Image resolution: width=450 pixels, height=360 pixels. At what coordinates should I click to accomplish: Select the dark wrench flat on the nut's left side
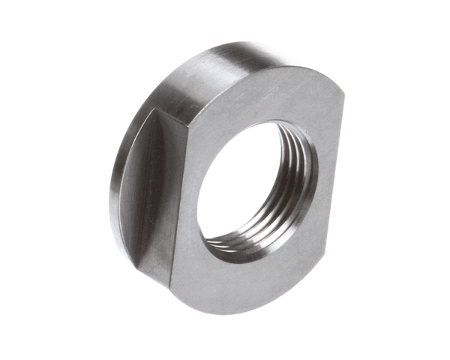[x=150, y=195]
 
